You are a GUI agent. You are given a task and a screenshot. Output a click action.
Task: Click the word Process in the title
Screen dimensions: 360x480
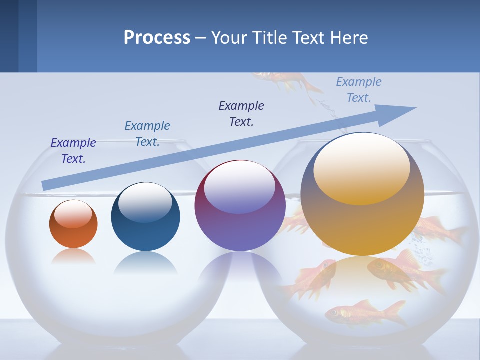click(157, 38)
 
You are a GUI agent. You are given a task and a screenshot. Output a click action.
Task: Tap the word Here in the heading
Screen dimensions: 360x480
click(348, 38)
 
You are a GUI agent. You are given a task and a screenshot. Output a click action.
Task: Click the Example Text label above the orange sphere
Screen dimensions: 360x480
click(73, 151)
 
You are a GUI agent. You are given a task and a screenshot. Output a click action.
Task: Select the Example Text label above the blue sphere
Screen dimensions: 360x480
click(147, 134)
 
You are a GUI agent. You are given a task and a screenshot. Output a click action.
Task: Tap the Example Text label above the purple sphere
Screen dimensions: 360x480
click(241, 114)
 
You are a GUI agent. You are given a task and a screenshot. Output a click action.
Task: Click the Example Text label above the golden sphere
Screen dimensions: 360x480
click(359, 90)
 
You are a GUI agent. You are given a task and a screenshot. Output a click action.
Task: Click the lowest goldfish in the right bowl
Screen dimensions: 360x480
click(365, 312)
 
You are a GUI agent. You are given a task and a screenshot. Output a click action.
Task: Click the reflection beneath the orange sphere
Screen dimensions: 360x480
click(73, 257)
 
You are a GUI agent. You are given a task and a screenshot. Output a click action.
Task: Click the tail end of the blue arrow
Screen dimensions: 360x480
click(46, 185)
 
